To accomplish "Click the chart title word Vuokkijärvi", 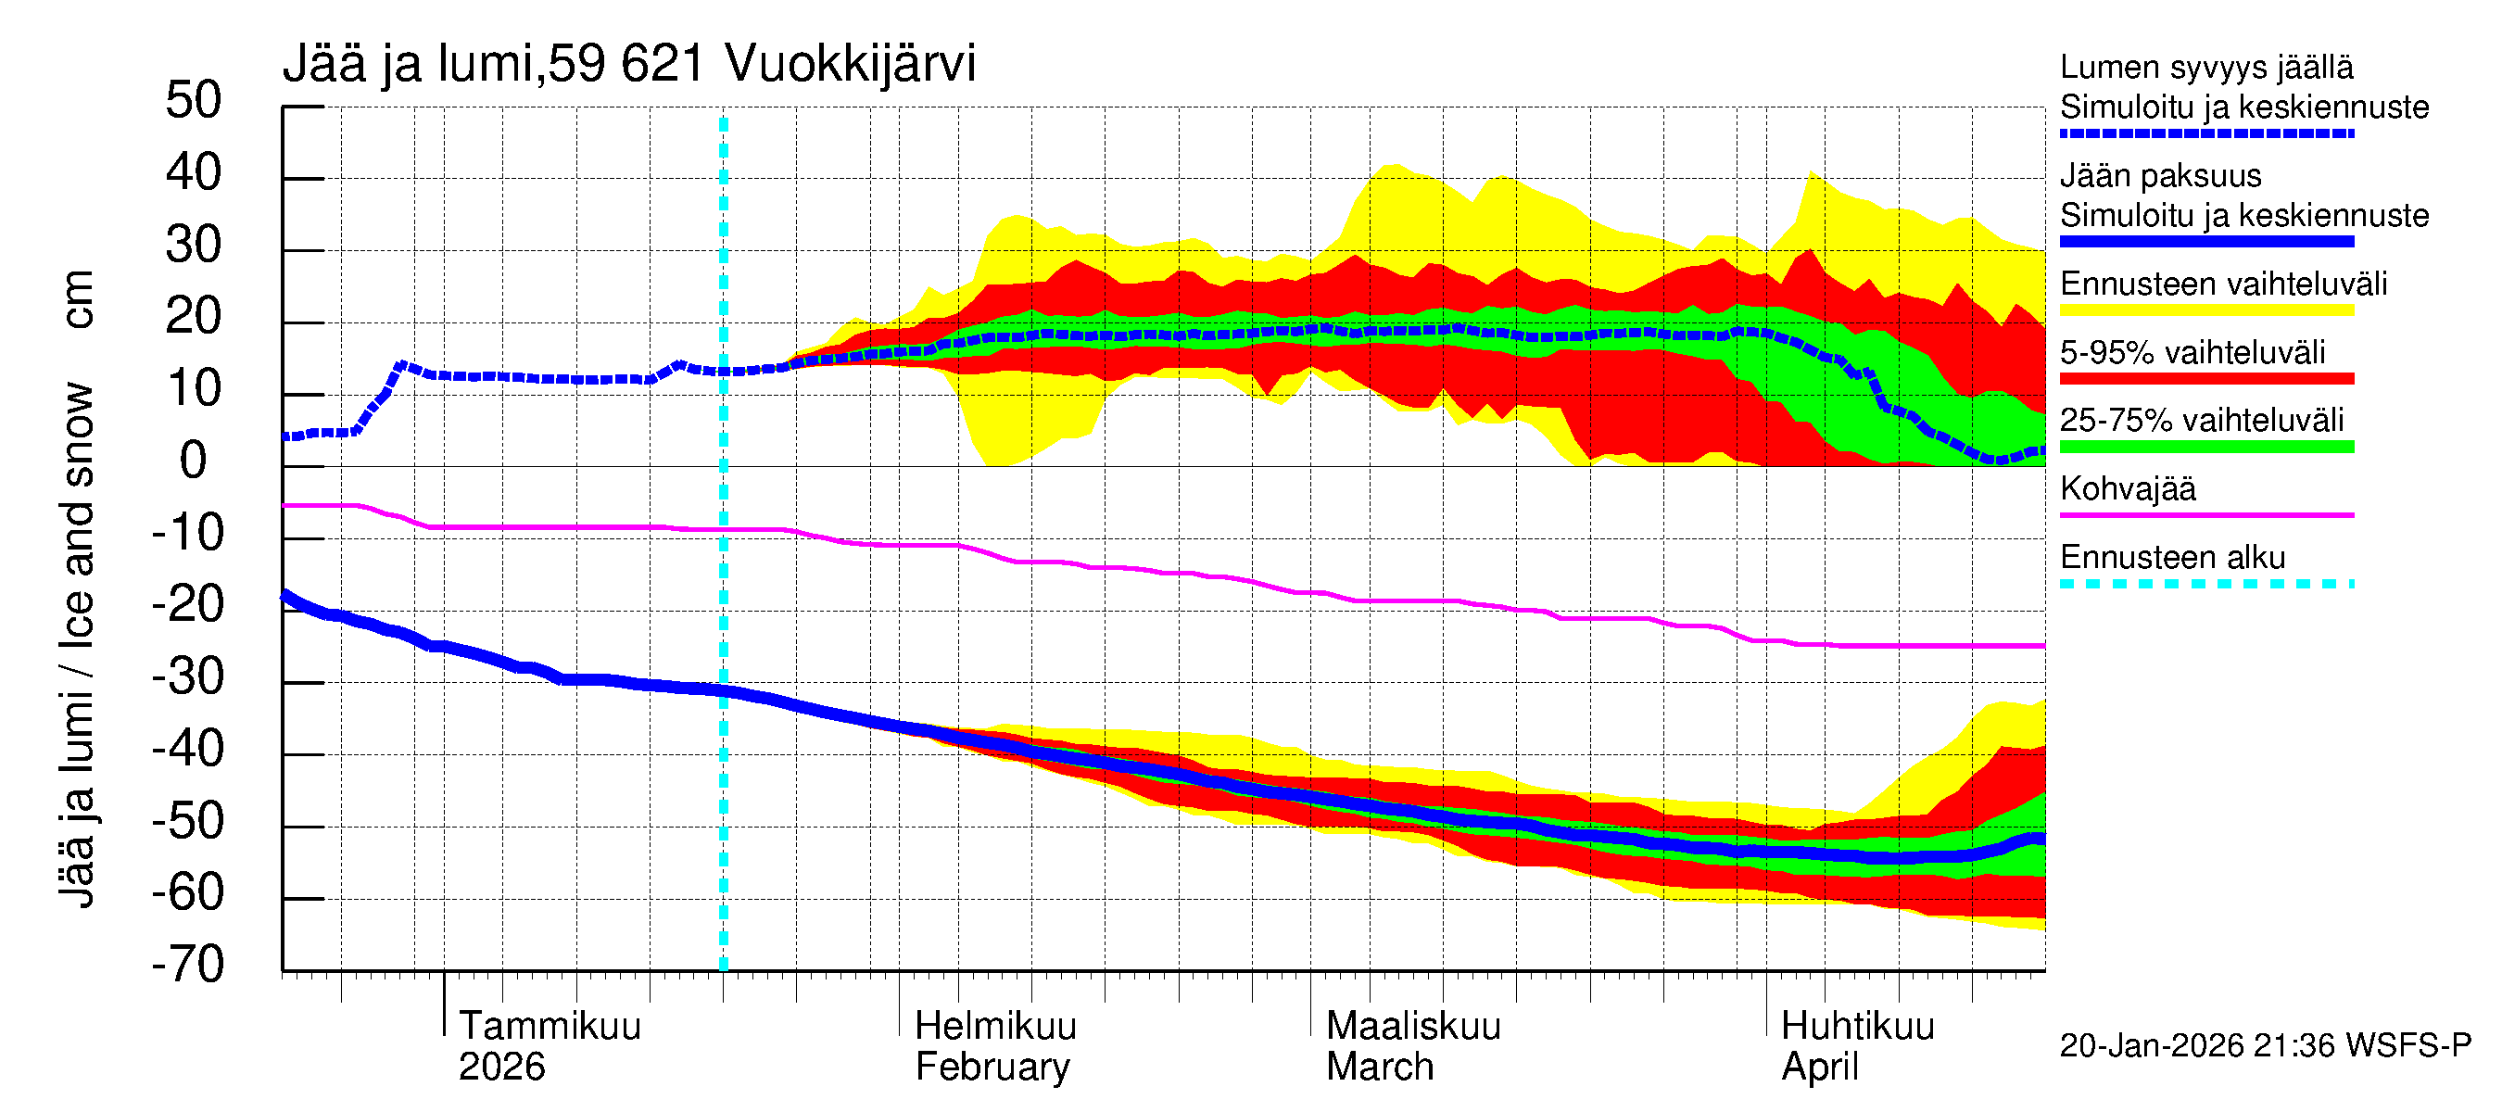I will pyautogui.click(x=850, y=64).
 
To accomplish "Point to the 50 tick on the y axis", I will pyautogui.click(x=194, y=101).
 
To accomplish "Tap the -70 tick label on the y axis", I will pyautogui.click(x=188, y=966).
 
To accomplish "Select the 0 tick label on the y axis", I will pyautogui.click(x=194, y=461).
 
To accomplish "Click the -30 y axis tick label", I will pyautogui.click(x=188, y=676).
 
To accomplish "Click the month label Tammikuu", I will pyautogui.click(x=550, y=1027).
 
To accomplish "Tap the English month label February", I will pyautogui.click(x=992, y=1068).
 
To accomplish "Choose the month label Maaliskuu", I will pyautogui.click(x=1413, y=1027).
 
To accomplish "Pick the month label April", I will pyautogui.click(x=1819, y=1068).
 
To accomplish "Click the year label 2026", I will pyautogui.click(x=501, y=1068).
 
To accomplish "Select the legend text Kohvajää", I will pyautogui.click(x=2127, y=488).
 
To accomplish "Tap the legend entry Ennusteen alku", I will pyautogui.click(x=2172, y=558).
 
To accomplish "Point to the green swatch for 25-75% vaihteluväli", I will pyautogui.click(x=2205, y=447).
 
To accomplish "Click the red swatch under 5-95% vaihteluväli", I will pyautogui.click(x=2205, y=379).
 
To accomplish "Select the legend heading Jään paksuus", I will pyautogui.click(x=2160, y=176).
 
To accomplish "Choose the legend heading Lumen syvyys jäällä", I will pyautogui.click(x=2205, y=67).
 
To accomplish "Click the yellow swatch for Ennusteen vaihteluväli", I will pyautogui.click(x=2205, y=310).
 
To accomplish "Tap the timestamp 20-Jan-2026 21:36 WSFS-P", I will pyautogui.click(x=2265, y=1046).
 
